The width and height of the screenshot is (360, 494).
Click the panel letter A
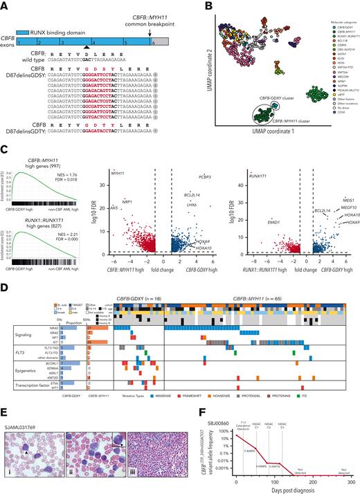(3, 3)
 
